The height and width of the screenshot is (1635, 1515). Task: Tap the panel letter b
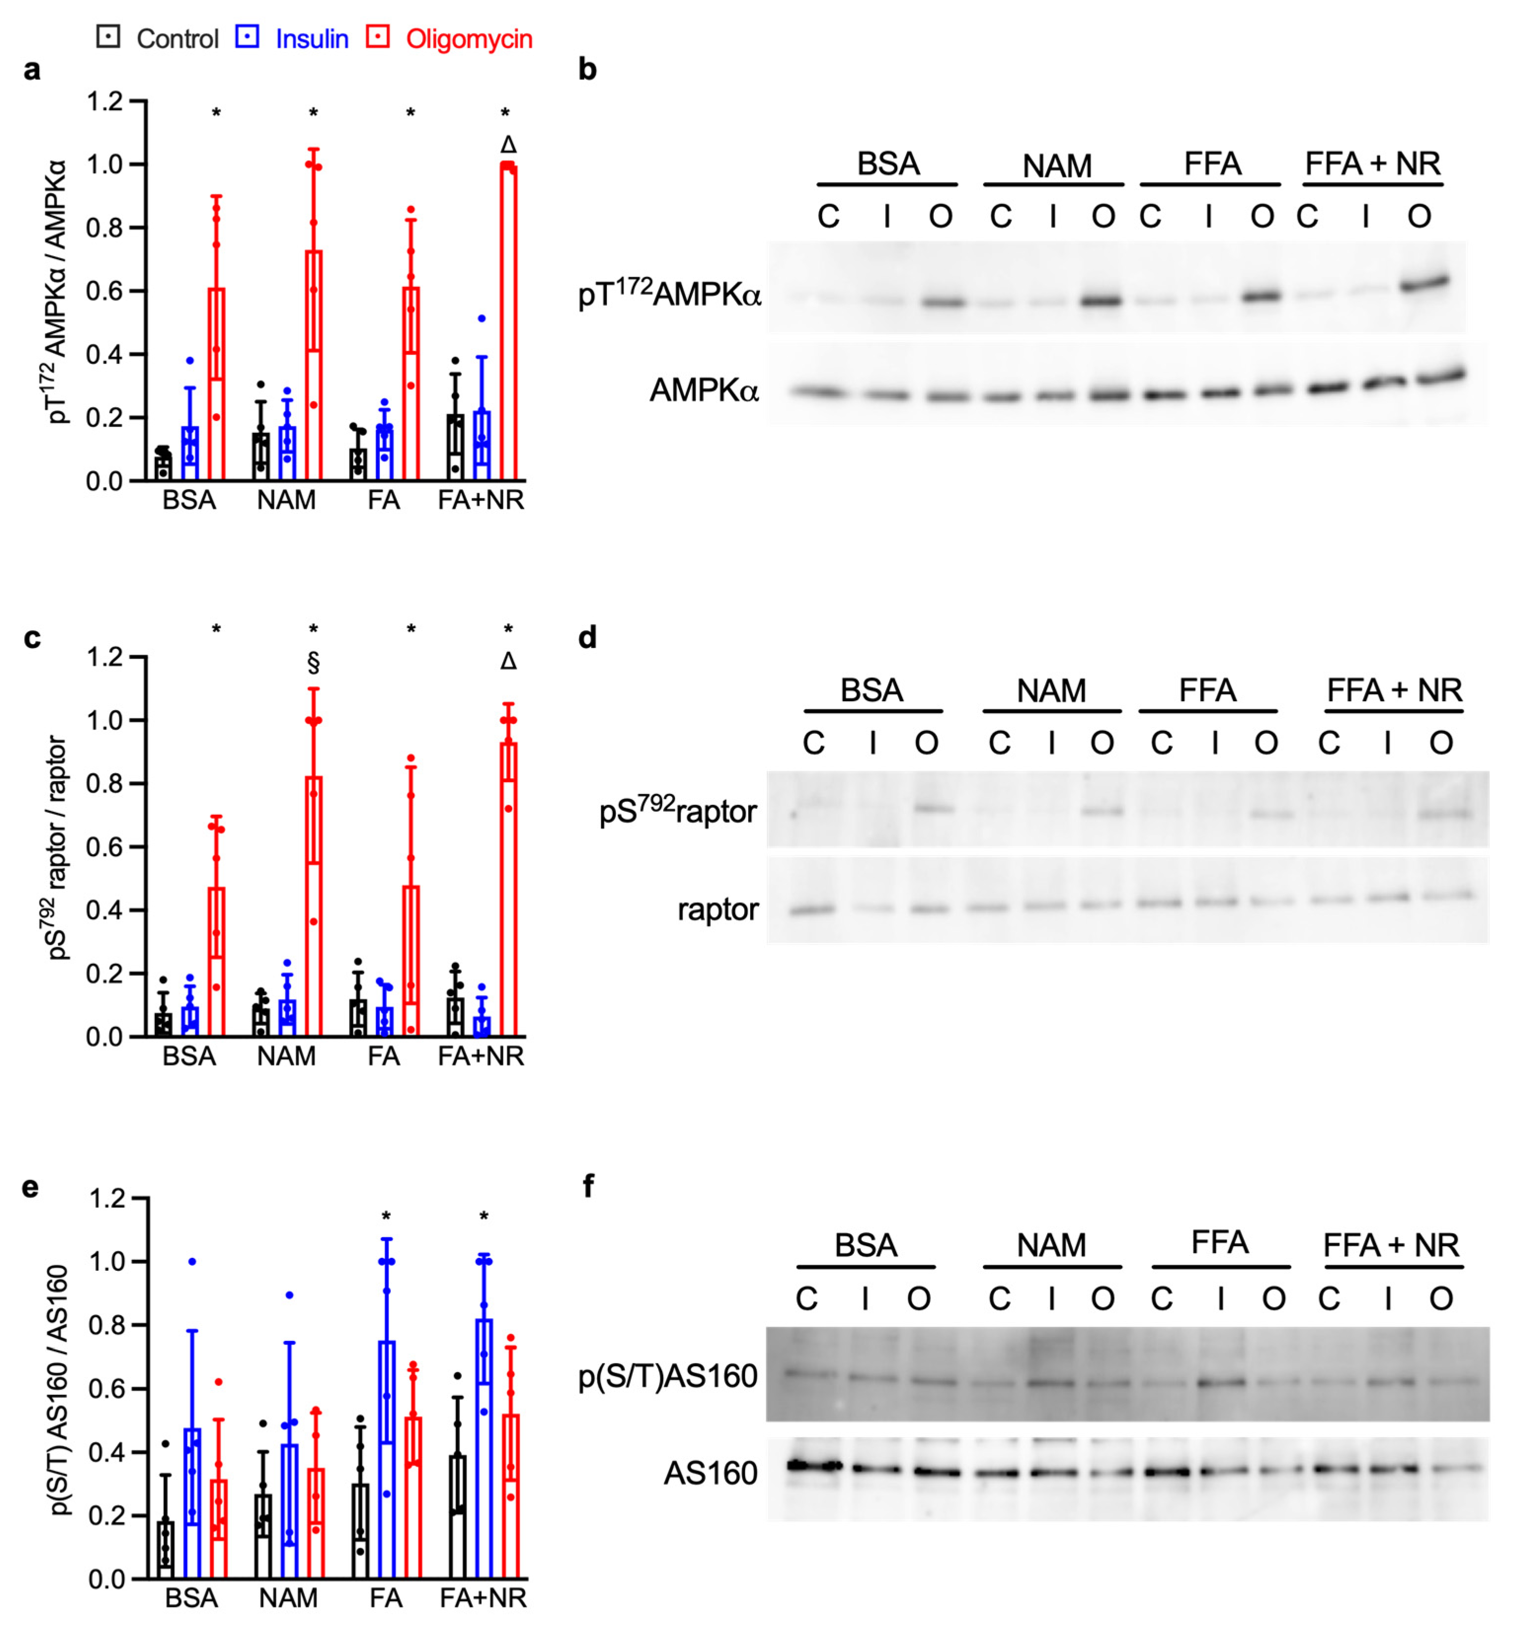[587, 69]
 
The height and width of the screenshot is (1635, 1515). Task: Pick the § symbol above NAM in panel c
[313, 662]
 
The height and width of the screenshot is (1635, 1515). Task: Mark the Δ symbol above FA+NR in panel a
[508, 145]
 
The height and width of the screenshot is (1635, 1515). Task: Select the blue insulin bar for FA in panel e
[386, 1459]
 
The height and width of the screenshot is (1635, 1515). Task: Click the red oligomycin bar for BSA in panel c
[217, 961]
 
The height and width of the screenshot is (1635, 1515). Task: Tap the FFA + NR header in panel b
[1372, 164]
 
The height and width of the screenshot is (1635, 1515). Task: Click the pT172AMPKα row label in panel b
[669, 294]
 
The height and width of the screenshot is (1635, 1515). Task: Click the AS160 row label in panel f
[710, 1474]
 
